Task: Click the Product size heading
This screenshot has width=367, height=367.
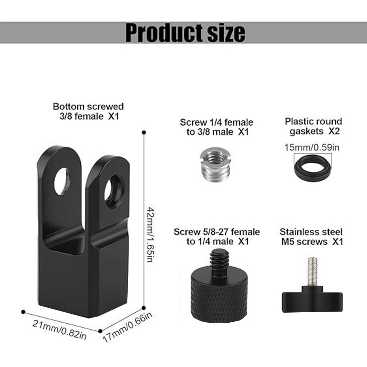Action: tap(185, 32)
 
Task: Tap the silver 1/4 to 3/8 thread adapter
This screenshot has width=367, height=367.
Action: tap(215, 164)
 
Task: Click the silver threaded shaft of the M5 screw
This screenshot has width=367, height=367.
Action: tap(313, 272)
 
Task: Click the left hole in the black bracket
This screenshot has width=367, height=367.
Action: tap(62, 181)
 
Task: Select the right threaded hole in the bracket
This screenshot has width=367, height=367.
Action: tap(114, 191)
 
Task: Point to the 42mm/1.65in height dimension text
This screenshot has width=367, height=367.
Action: tap(151, 234)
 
